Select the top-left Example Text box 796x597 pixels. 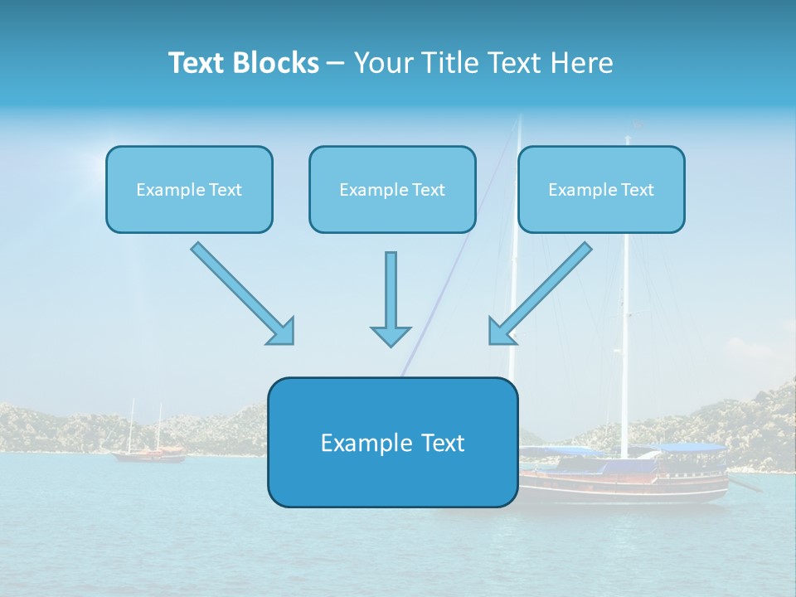(189, 189)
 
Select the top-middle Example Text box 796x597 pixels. (392, 189)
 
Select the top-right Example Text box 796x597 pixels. (601, 189)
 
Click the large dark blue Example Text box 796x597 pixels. (392, 442)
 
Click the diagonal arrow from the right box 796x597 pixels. (543, 290)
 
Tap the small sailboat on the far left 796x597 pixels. (148, 451)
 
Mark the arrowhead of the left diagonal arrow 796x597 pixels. (282, 332)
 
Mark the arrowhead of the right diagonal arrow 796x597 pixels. (501, 332)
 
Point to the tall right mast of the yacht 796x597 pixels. (625, 290)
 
